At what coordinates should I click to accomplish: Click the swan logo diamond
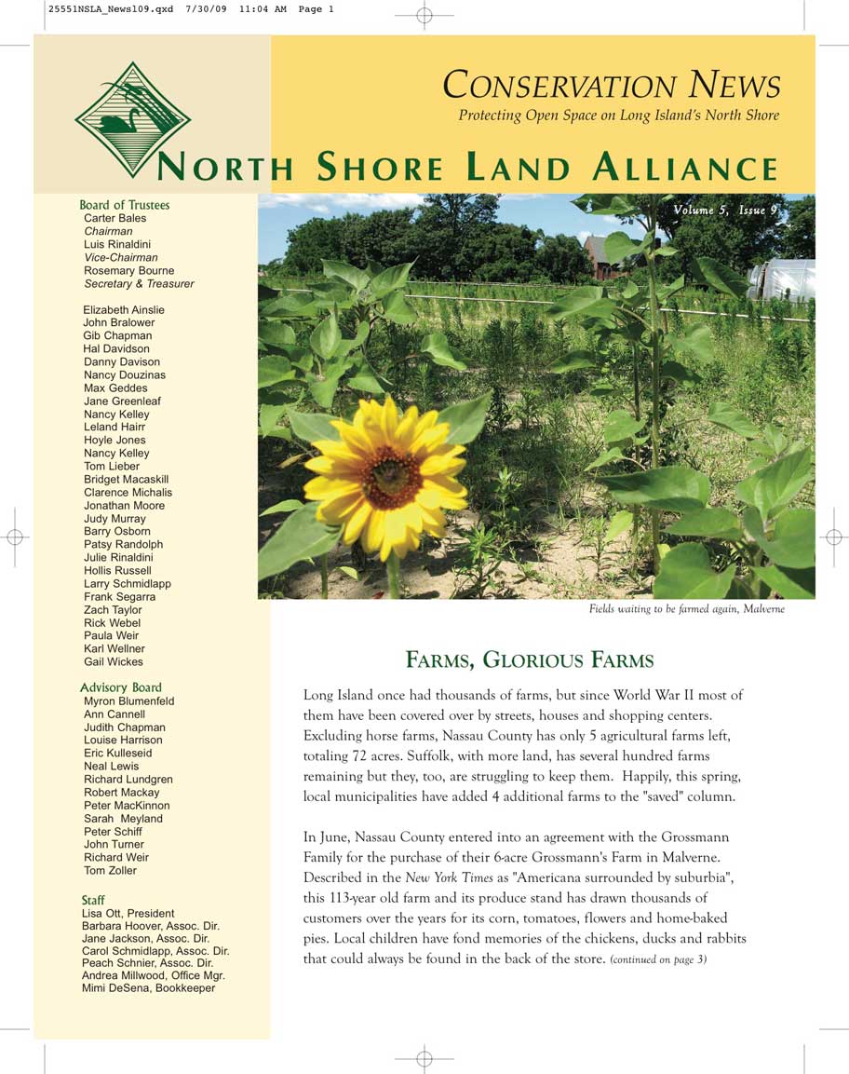(132, 119)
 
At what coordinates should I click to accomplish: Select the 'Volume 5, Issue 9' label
(725, 211)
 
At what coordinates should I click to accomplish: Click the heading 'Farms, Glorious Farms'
(530, 661)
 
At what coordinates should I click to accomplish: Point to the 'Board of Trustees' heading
(125, 205)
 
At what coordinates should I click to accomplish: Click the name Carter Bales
(115, 218)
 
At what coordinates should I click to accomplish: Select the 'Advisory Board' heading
(121, 687)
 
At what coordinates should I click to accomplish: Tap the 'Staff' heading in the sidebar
(93, 901)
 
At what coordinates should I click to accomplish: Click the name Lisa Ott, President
(128, 914)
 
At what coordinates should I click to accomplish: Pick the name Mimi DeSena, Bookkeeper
(148, 988)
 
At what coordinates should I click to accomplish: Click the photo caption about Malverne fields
(686, 609)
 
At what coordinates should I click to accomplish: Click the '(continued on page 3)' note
(658, 959)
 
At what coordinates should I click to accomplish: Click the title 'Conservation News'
(611, 86)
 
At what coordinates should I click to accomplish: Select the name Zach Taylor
(113, 610)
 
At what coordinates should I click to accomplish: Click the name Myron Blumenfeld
(128, 701)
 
